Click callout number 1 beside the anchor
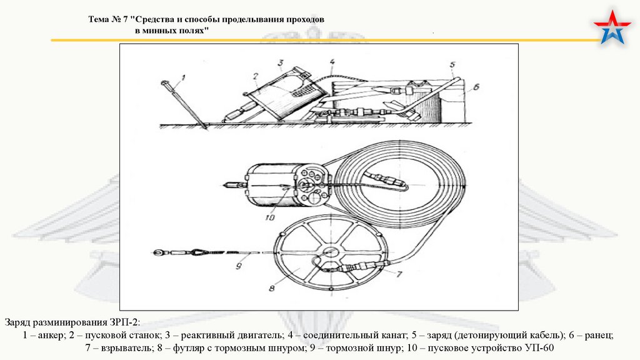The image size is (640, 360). pyautogui.click(x=184, y=78)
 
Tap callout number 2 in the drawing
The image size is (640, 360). pyautogui.click(x=256, y=77)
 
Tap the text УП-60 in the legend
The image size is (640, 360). pyautogui.click(x=541, y=348)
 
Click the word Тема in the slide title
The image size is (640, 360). pyautogui.click(x=99, y=19)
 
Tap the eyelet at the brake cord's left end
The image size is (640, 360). pyautogui.click(x=157, y=253)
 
